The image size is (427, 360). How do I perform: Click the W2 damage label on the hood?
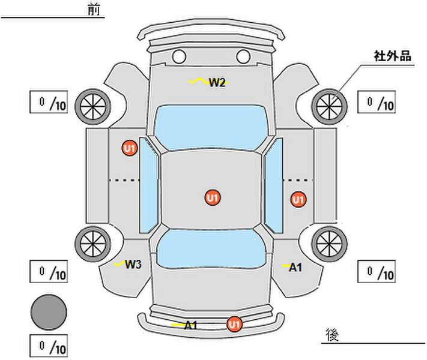[x=217, y=82]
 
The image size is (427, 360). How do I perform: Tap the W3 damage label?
[x=133, y=264]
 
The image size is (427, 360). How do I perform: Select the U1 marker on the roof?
[x=213, y=197]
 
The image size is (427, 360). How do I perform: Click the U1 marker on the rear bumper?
[x=234, y=324]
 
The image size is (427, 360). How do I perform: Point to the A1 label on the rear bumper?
[x=190, y=325]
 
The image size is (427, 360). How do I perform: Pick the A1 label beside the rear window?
[x=295, y=268]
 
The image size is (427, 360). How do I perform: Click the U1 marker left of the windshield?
[x=129, y=148]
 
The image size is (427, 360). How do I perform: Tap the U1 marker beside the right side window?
[x=298, y=199]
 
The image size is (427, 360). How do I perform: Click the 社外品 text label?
[x=392, y=56]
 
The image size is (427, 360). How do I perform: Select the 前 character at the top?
[x=94, y=10]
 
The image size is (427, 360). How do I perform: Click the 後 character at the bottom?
[x=332, y=334]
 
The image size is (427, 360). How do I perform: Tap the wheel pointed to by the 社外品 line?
[x=329, y=107]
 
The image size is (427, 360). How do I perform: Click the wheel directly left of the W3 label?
[x=93, y=244]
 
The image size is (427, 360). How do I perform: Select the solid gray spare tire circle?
[x=49, y=312]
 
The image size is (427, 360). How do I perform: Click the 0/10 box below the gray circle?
[x=49, y=346]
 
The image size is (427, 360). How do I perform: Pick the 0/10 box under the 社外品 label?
[x=377, y=102]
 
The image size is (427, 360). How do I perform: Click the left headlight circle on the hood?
[x=179, y=56]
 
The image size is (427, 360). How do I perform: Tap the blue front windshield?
[x=211, y=127]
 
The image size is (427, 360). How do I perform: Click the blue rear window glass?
[x=211, y=249]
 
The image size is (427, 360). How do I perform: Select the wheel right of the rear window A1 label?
[x=329, y=244]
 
